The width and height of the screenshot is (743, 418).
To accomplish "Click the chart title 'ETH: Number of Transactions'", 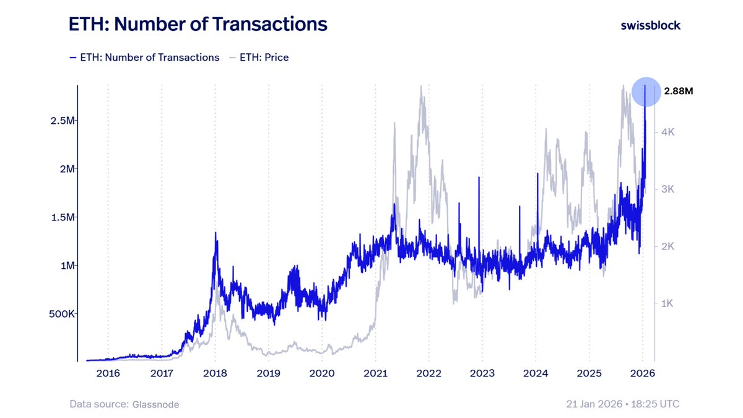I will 198,25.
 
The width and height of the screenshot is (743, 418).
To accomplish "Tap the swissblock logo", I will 650,25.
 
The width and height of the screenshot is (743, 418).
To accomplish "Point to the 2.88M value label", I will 679,91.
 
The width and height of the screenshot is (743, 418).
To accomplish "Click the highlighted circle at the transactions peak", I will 645,92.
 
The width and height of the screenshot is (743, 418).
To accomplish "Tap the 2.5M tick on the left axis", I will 62,120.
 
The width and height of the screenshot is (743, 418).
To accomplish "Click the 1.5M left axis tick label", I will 62,217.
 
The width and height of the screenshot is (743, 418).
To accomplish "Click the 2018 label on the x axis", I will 215,373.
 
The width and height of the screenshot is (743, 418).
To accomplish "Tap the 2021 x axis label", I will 375,373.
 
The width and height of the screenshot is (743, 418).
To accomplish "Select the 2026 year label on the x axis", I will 643,373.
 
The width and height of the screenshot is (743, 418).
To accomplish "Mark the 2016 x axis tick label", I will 108,373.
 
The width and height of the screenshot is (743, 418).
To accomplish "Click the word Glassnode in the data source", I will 155,404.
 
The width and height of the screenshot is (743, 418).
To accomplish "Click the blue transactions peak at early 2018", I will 215,233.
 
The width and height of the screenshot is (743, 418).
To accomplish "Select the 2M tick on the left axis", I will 64,168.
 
